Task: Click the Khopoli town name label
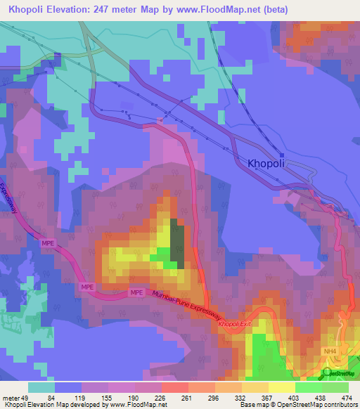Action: pyautogui.click(x=271, y=163)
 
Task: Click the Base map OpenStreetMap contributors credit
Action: pyautogui.click(x=298, y=405)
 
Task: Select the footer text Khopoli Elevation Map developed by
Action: pyautogui.click(x=53, y=405)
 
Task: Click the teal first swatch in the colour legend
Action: pyautogui.click(x=41, y=387)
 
